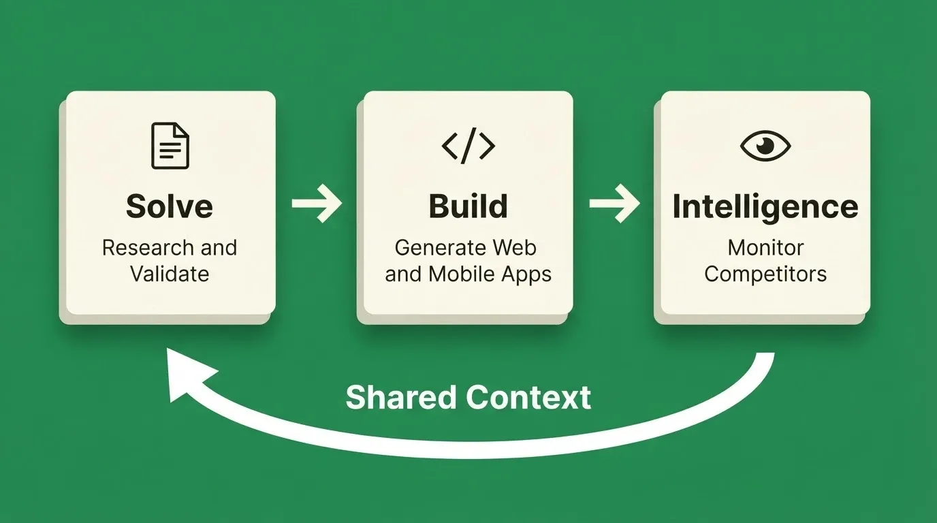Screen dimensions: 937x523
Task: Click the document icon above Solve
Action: coord(170,146)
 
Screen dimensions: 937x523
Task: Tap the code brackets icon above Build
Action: coord(468,146)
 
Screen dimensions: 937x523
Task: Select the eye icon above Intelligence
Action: coord(765,146)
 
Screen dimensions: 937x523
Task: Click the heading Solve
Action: coord(170,206)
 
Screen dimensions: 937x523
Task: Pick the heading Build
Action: coord(468,206)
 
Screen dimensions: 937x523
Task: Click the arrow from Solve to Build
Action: coord(317,204)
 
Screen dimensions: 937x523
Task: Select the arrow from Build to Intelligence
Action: coord(614,204)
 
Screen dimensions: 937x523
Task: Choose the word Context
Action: coord(528,398)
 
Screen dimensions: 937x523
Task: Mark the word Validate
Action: coord(170,274)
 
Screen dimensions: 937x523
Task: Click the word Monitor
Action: coord(765,248)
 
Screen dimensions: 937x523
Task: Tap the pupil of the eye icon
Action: coord(765,145)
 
